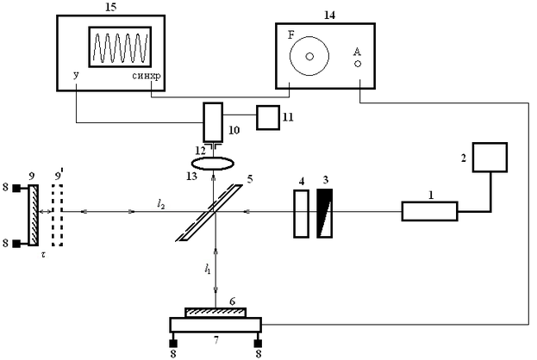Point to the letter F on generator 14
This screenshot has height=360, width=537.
coord(290,36)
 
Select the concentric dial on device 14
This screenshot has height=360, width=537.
coord(309,56)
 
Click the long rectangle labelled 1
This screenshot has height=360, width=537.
coord(428,209)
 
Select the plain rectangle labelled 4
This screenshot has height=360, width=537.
coord(301,214)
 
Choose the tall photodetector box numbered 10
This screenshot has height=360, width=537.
coord(213,123)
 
